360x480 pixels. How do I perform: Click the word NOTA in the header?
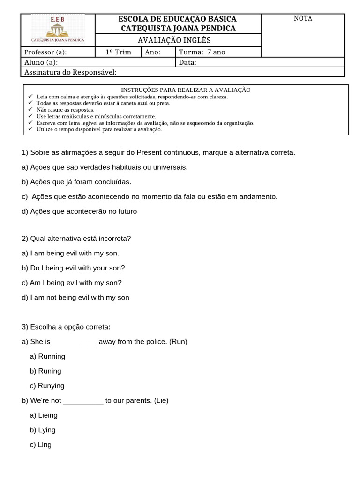302,19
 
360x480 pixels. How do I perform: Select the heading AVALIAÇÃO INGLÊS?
178,40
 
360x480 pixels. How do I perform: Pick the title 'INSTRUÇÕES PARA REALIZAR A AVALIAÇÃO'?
186,90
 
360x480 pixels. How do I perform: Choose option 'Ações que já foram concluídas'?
80,182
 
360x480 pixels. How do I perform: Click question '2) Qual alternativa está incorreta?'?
76,239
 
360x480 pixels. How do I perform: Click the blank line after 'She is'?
74,342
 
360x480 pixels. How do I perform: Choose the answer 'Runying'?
51,386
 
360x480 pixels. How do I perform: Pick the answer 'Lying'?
46,430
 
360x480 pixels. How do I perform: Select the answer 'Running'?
51,356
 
